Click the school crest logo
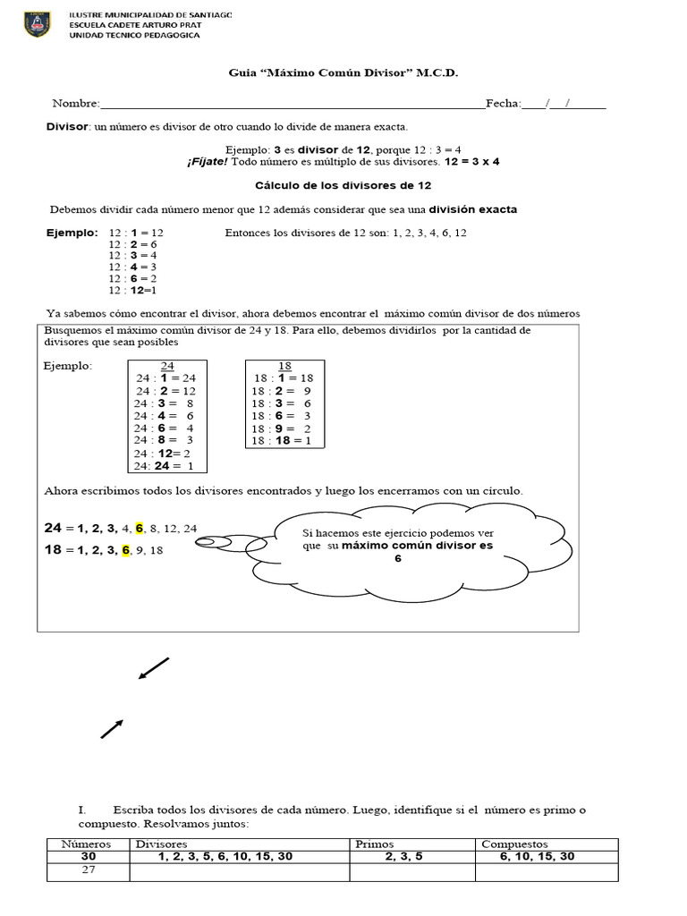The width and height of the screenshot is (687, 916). [x=39, y=24]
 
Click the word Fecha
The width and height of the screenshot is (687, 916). [x=503, y=104]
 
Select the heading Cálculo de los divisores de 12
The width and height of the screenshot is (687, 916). [x=343, y=185]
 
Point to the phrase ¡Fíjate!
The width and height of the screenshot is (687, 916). [x=208, y=162]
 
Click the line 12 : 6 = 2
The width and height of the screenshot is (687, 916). [x=133, y=278]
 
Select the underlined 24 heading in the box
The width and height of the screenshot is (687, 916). [x=167, y=366]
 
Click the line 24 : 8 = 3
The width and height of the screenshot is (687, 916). [x=165, y=440]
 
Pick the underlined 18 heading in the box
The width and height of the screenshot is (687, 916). [x=284, y=366]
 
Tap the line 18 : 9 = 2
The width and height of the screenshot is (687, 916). [x=282, y=428]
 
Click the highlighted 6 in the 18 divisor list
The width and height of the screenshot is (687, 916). [x=127, y=550]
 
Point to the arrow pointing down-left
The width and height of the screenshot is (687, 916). [x=153, y=668]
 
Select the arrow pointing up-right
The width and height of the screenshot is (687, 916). [x=112, y=728]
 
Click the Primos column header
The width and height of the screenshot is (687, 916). [x=375, y=844]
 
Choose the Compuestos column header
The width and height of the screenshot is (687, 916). [x=514, y=844]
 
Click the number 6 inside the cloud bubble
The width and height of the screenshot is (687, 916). [x=398, y=558]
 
